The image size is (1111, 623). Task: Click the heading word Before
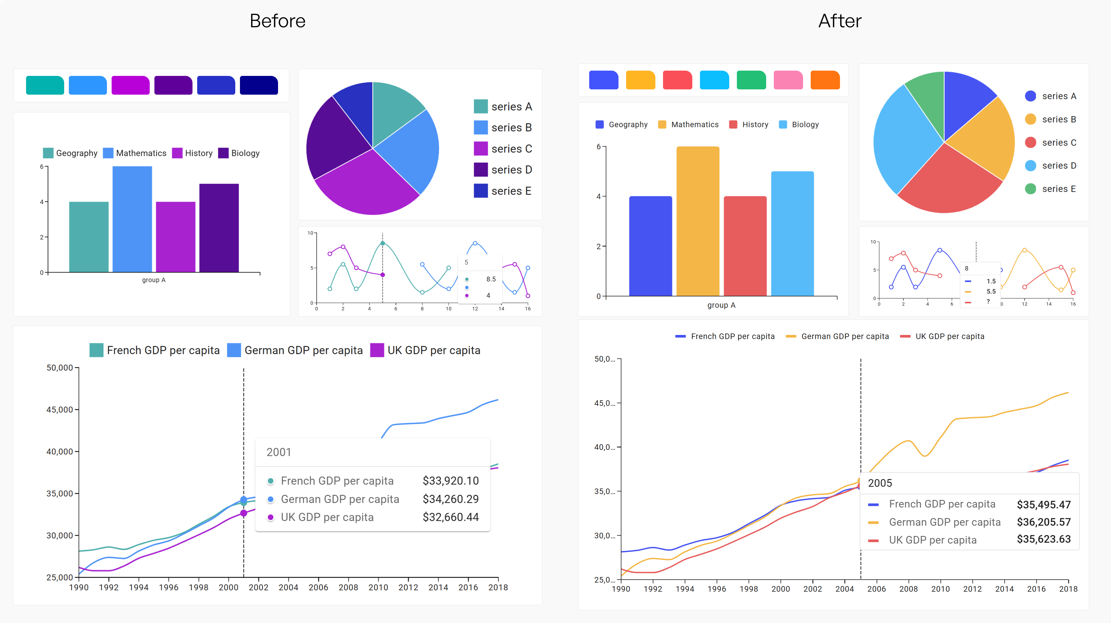[x=277, y=21]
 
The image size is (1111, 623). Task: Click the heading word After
[x=839, y=21]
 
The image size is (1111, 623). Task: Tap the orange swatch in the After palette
[x=825, y=80]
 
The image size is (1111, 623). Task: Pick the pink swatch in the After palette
[x=788, y=80]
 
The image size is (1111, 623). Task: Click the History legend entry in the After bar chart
[x=754, y=125]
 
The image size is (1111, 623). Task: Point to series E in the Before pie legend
[x=511, y=191]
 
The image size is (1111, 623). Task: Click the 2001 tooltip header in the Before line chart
[x=279, y=452]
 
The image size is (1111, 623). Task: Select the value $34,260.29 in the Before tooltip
[x=450, y=499]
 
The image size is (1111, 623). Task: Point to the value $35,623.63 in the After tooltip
[x=1043, y=539]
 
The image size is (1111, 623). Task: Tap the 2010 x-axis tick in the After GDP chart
[x=940, y=589]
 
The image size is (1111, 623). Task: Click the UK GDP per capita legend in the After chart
[x=949, y=336]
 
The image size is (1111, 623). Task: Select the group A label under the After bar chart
[x=721, y=305]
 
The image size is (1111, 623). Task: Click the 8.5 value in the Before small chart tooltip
[x=491, y=279]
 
